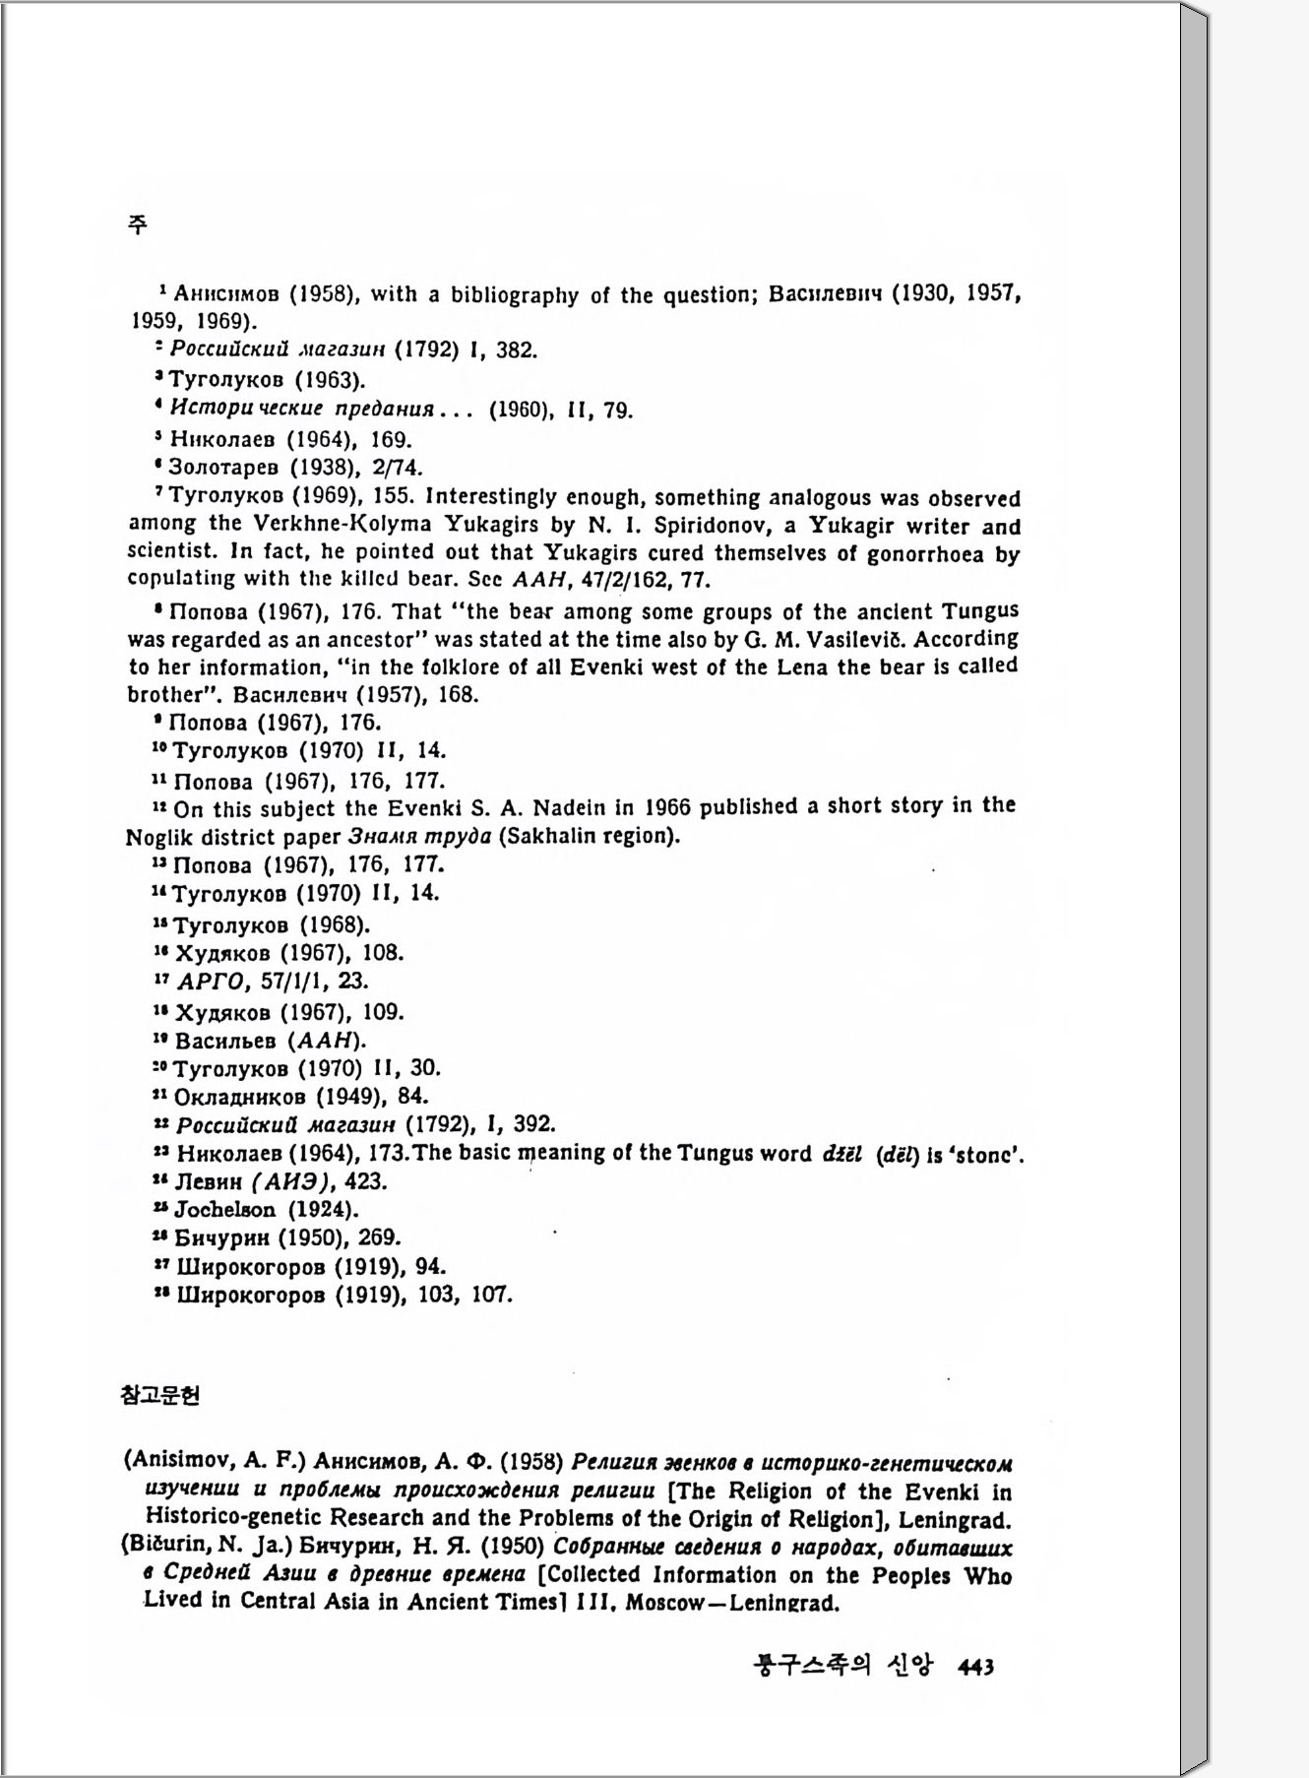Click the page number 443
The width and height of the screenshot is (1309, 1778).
point(975,1667)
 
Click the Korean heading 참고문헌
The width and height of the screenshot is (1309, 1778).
point(159,1395)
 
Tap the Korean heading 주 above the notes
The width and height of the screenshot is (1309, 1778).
point(138,224)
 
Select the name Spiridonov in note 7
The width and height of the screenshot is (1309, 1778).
point(714,527)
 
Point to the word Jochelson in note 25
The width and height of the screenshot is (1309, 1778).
point(224,1210)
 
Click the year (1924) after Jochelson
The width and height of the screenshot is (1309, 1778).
point(323,1210)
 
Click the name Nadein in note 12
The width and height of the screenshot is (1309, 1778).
point(571,808)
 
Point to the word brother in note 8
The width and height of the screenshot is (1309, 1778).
point(162,695)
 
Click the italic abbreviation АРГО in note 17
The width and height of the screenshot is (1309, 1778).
point(208,982)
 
